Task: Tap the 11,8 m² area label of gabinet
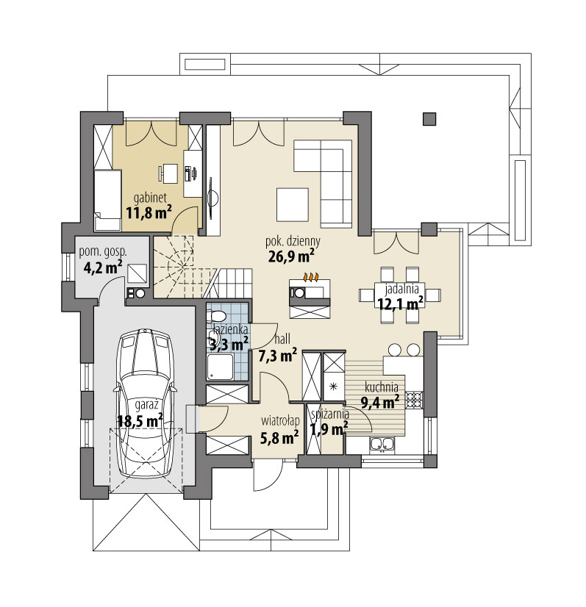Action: tap(149, 212)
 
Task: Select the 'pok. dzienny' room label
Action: tap(293, 242)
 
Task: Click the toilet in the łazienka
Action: tap(216, 316)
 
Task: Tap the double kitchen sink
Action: tap(382, 444)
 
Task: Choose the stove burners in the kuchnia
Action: tap(414, 401)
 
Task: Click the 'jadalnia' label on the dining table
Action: tap(401, 290)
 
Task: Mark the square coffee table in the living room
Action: tap(293, 204)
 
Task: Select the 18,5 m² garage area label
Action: tap(140, 421)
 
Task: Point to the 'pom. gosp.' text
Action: tap(103, 251)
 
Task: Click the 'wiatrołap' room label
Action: tap(280, 420)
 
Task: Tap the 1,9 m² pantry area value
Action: tap(329, 429)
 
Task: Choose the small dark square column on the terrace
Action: tap(429, 119)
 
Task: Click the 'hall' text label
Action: tap(282, 340)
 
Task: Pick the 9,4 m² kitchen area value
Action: tap(380, 403)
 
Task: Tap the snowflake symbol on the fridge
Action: tap(332, 386)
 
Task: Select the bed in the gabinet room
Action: tap(108, 200)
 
